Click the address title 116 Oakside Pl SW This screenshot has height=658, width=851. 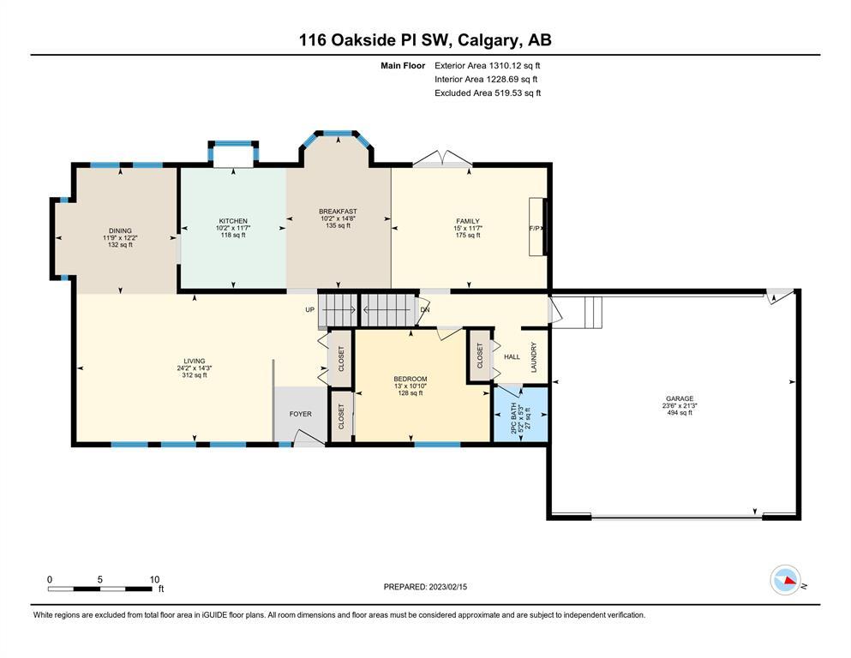[x=377, y=40]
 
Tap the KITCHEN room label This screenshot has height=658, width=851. [x=233, y=221]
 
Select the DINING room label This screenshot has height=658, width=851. [x=120, y=230]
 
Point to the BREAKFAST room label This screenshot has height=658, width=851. [x=339, y=212]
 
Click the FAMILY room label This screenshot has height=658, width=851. [x=468, y=221]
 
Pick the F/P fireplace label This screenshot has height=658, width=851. [x=535, y=229]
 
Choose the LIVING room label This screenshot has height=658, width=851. [x=195, y=361]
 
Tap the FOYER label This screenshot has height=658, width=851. [x=301, y=414]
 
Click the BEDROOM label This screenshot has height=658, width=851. [x=411, y=380]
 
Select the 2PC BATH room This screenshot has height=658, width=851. [x=520, y=415]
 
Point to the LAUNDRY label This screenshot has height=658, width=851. [x=534, y=357]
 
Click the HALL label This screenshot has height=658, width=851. [x=512, y=357]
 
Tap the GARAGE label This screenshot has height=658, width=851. [x=680, y=398]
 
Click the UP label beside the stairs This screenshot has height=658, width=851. [x=310, y=310]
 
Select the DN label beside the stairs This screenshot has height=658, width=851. [x=425, y=310]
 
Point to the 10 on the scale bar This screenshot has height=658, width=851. [x=154, y=579]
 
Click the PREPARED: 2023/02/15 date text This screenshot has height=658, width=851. [x=425, y=587]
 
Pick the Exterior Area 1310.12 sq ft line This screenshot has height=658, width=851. [x=488, y=66]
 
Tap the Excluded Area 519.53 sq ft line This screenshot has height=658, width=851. [x=488, y=93]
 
